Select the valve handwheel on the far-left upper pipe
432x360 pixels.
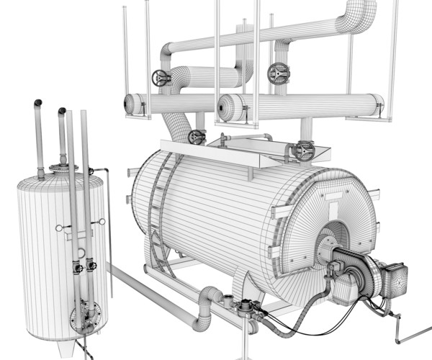click(161, 78)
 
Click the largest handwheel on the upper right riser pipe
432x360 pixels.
click(278, 73)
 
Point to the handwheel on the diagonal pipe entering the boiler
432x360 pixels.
click(196, 137)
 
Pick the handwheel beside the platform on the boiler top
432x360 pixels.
click(302, 152)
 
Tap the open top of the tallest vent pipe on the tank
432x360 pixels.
click(37, 104)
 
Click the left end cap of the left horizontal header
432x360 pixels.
click(130, 104)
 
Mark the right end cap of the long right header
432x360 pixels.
click(377, 106)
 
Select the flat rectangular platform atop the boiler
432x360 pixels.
click(238, 150)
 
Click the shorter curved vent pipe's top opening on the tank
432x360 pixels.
click(63, 112)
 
